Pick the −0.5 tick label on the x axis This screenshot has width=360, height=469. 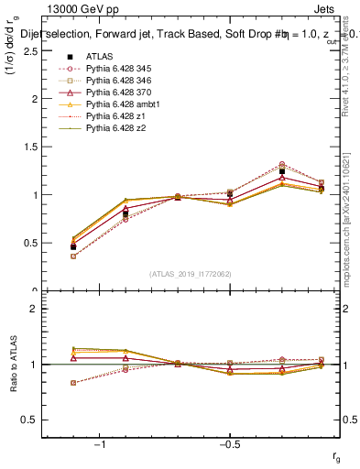coord(228,446)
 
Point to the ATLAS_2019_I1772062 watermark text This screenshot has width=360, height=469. coord(190,274)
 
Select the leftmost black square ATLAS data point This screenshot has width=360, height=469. coord(73,247)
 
